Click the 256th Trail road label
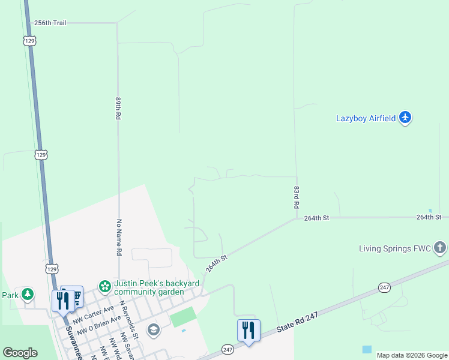pos(50,23)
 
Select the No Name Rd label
pos(119,238)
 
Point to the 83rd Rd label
pos(297,196)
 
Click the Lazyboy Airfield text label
pos(366,118)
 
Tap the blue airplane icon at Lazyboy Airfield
pos(406,117)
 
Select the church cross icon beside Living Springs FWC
pos(440,247)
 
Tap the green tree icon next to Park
pos(27,295)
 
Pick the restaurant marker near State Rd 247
pos(249,329)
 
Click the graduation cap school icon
pos(154,329)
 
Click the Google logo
pos(20,353)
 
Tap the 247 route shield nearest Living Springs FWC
pos(385,288)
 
